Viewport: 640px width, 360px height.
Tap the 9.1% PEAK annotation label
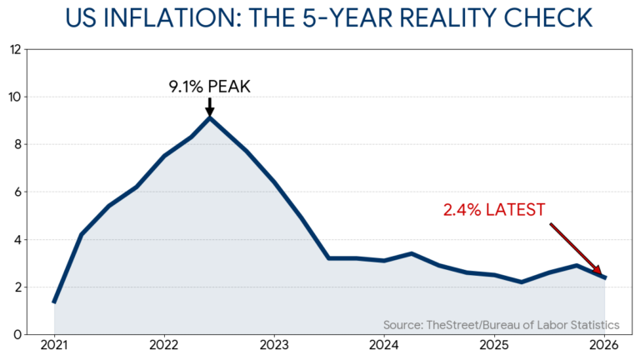click(x=209, y=86)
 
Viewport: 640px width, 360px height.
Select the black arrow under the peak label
click(x=209, y=107)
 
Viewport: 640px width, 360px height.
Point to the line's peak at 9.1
click(x=209, y=117)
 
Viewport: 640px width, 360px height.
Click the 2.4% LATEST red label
click(x=493, y=209)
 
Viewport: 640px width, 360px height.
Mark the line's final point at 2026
click(x=605, y=277)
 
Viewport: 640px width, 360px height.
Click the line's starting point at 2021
click(x=54, y=302)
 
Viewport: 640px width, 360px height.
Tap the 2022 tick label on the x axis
click(x=164, y=345)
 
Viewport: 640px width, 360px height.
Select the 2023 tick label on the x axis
click(x=274, y=345)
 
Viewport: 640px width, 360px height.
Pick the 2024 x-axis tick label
click(x=384, y=345)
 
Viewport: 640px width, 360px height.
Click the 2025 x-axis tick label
click(x=494, y=345)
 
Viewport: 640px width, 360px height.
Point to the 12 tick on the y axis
click(x=14, y=49)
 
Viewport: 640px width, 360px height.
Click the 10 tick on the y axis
click(x=14, y=97)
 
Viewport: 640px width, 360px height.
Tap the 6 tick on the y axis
click(x=17, y=192)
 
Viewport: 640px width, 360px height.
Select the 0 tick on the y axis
click(x=17, y=335)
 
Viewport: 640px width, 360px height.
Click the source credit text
click(x=501, y=324)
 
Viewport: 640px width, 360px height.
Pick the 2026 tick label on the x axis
click(x=604, y=345)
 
